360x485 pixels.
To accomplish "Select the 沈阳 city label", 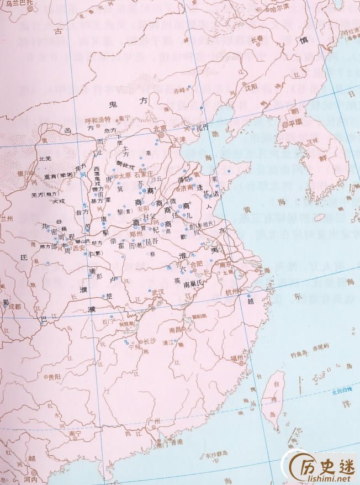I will pyautogui.click(x=251, y=86).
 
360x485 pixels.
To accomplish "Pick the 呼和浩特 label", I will pyautogui.click(x=97, y=119).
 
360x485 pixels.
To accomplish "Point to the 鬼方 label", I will pyautogui.click(x=121, y=102).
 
